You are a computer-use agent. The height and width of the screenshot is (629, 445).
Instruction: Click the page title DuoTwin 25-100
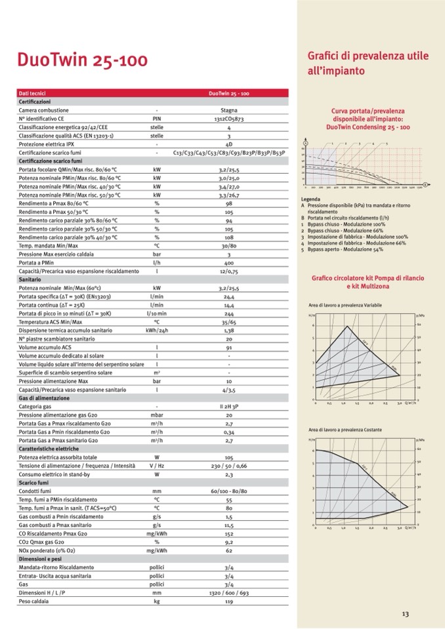pos(82,60)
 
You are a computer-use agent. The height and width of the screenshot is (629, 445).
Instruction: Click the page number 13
pos(405,614)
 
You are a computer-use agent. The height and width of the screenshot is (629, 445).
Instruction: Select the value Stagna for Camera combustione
pos(228,111)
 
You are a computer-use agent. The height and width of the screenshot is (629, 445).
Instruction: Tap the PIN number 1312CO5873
pos(228,119)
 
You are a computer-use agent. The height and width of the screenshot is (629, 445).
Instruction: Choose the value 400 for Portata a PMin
pos(228,262)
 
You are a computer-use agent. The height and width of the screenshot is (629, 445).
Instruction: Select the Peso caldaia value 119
pos(228,601)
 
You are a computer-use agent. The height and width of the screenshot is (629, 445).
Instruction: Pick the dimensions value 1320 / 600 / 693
pos(228,592)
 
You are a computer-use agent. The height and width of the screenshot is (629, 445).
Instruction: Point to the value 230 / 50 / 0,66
pos(228,465)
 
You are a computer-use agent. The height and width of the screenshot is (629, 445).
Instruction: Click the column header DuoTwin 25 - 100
pos(228,94)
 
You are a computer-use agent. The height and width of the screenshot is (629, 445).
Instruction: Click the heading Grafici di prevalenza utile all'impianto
pos(368,62)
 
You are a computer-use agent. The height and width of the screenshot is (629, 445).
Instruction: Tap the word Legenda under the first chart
pos(310,199)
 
